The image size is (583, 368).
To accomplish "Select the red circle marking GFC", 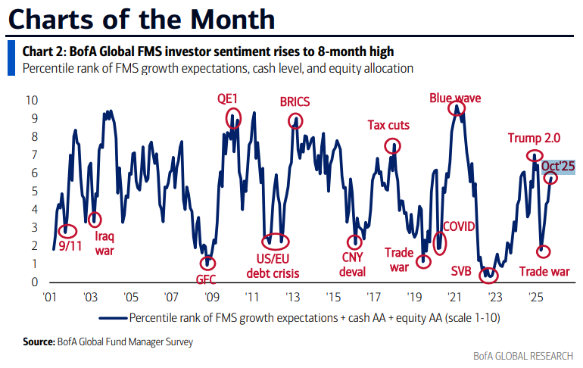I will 207,262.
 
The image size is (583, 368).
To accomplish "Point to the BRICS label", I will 295,101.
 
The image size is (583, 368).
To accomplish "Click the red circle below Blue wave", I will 457,109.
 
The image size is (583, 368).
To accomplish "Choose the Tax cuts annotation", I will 389,125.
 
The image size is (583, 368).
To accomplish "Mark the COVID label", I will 458,226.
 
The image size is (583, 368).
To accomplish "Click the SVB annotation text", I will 461,270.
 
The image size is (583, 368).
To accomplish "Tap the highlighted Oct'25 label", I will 560,165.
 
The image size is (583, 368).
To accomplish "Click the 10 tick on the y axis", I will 32,100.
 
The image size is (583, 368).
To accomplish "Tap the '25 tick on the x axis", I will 534,298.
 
